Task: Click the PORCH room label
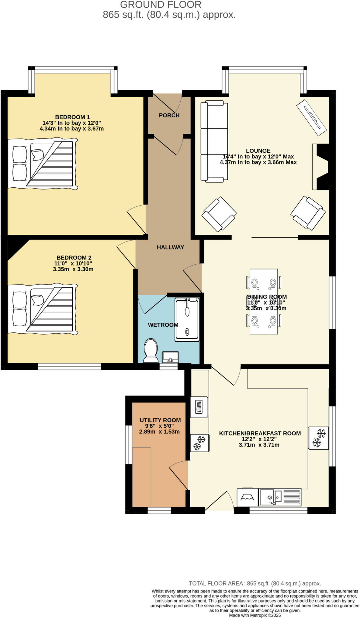(169, 115)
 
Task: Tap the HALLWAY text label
(170, 247)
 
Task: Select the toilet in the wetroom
(151, 350)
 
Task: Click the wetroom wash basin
(171, 357)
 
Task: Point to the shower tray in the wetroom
(187, 320)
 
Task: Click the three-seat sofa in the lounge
(214, 141)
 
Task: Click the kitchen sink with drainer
(280, 497)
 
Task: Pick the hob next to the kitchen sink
(248, 497)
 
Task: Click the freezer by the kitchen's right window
(319, 438)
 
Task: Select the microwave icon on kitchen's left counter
(199, 407)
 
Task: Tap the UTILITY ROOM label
(160, 420)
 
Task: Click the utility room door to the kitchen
(179, 475)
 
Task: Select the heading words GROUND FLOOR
(161, 5)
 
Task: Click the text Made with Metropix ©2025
(255, 615)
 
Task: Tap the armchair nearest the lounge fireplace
(308, 213)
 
